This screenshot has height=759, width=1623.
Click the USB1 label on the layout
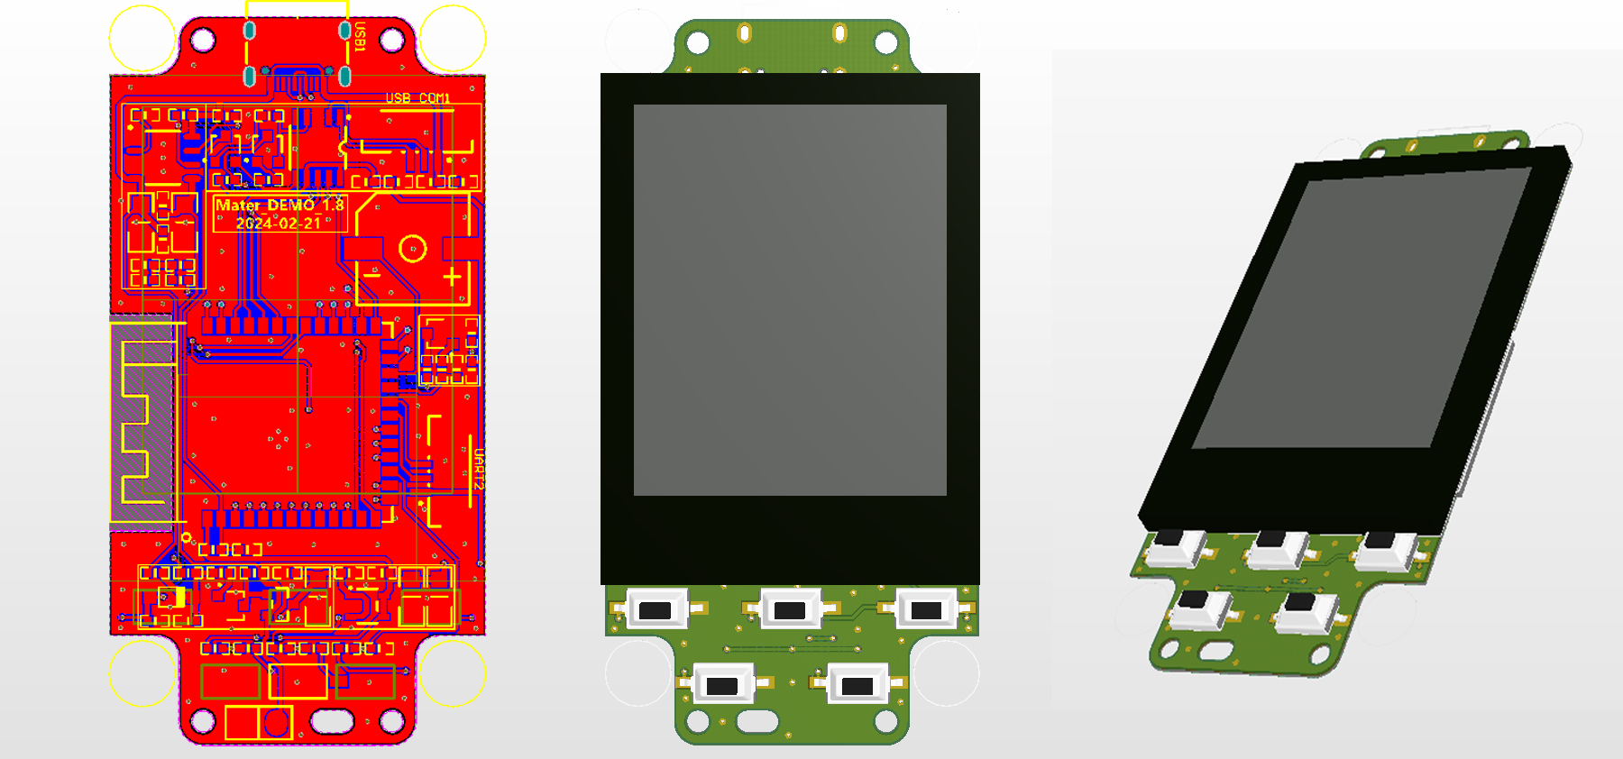pyautogui.click(x=360, y=38)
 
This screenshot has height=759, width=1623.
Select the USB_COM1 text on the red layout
pyautogui.click(x=417, y=97)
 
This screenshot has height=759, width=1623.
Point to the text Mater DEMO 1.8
pyautogui.click(x=280, y=205)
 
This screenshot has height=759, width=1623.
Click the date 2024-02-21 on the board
pyautogui.click(x=279, y=223)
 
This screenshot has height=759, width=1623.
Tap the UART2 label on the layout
pyautogui.click(x=478, y=469)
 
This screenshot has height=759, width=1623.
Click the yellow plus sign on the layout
pyautogui.click(x=452, y=276)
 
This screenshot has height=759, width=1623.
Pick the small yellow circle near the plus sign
pyautogui.click(x=413, y=249)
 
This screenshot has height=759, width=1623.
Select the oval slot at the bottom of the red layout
pyautogui.click(x=333, y=721)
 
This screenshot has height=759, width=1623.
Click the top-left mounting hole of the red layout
pyautogui.click(x=203, y=40)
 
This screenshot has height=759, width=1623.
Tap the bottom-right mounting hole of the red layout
pyautogui.click(x=391, y=721)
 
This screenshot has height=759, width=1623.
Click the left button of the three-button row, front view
pyautogui.click(x=656, y=610)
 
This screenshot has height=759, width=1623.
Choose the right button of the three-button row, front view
pyautogui.click(x=926, y=610)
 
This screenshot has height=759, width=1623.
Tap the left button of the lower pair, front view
pyautogui.click(x=722, y=686)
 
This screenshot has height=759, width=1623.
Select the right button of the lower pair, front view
pyautogui.click(x=857, y=686)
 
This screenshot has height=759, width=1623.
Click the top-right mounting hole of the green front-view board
pyautogui.click(x=886, y=42)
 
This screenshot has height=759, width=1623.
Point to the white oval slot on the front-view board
pyautogui.click(x=757, y=721)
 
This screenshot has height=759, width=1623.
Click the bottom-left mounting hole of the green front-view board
pyautogui.click(x=698, y=721)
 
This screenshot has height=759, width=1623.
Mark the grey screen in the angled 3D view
pyautogui.click(x=1362, y=306)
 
